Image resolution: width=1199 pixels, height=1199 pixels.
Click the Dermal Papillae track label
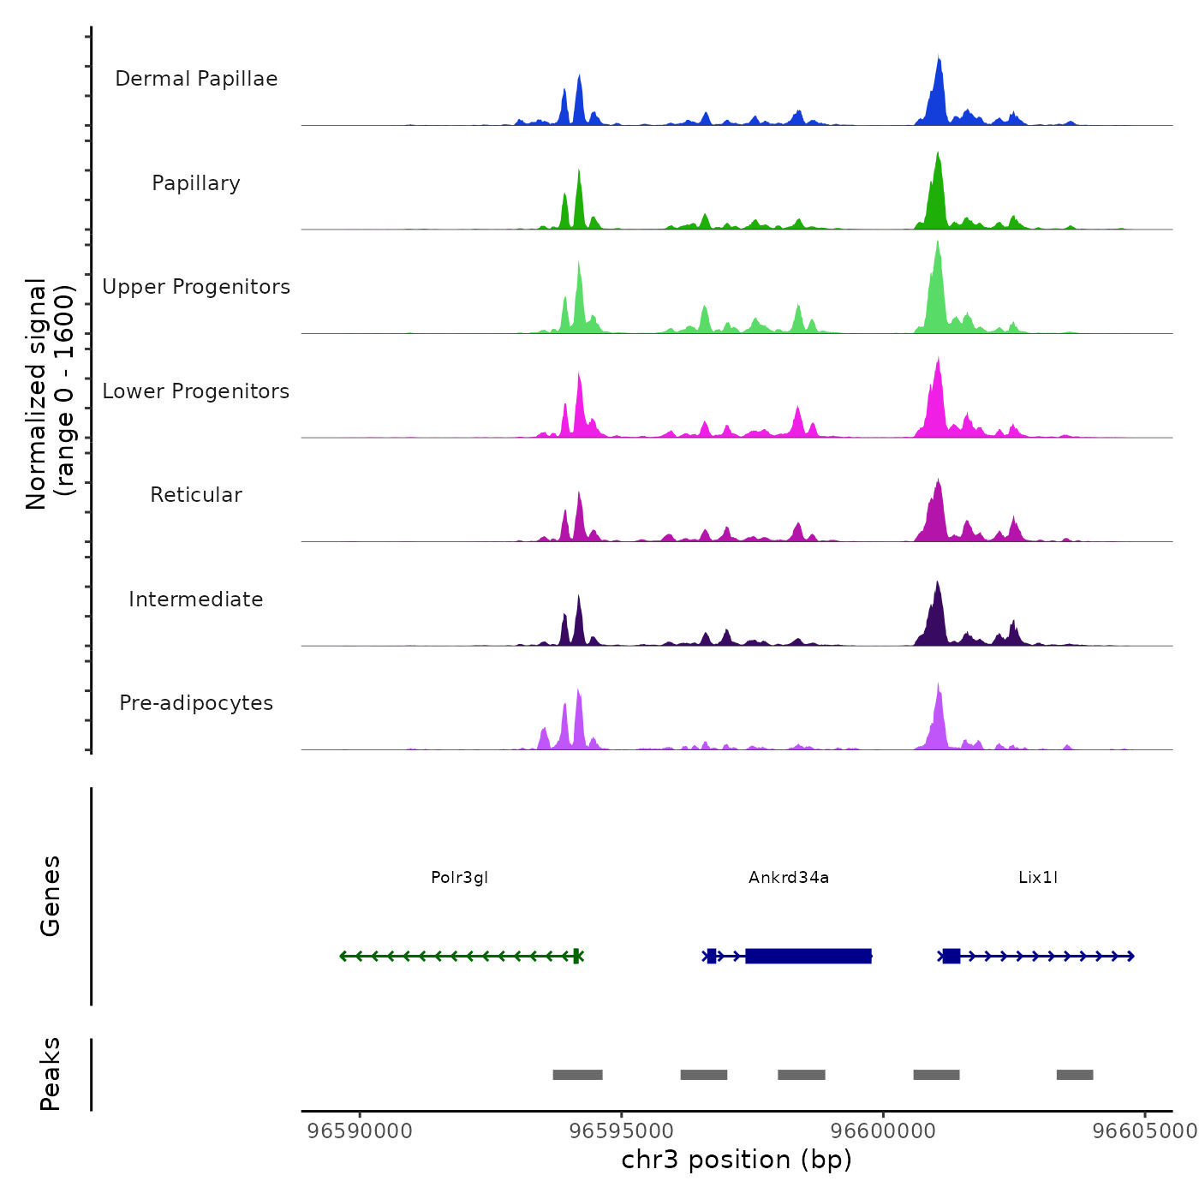pyautogui.click(x=196, y=79)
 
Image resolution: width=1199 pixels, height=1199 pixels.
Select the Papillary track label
pyautogui.click(x=196, y=183)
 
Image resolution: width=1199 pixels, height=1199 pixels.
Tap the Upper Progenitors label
pyautogui.click(x=196, y=287)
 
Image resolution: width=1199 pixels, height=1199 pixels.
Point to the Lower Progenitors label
pyautogui.click(x=196, y=391)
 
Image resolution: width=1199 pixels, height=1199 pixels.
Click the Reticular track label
pyautogui.click(x=196, y=495)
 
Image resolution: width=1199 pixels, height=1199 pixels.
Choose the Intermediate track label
pyautogui.click(x=196, y=599)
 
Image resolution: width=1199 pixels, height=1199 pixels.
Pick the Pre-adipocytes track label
pyautogui.click(x=196, y=703)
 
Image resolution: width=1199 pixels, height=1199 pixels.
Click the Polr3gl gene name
pyautogui.click(x=459, y=877)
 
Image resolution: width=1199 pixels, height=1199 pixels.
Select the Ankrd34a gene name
pyautogui.click(x=789, y=877)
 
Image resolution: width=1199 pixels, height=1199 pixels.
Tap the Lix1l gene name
pyautogui.click(x=1038, y=877)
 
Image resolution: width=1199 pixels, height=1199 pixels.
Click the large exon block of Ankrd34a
pyautogui.click(x=808, y=956)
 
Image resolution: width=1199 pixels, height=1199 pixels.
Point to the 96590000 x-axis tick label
pyautogui.click(x=360, y=1130)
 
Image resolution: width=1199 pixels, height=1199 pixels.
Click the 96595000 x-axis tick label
pyautogui.click(x=622, y=1130)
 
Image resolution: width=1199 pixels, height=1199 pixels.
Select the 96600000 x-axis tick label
pyautogui.click(x=884, y=1130)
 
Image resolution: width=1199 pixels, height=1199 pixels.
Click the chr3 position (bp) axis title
pyautogui.click(x=737, y=1160)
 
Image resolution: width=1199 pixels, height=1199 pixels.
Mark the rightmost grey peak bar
pyautogui.click(x=1075, y=1075)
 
